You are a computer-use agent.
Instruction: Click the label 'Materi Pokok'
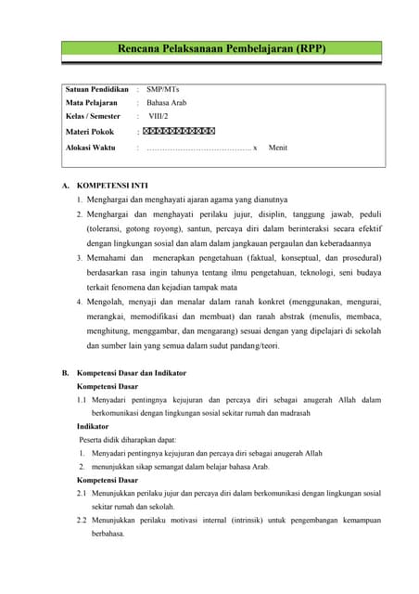coord(90,132)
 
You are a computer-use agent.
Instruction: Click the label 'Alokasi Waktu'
coord(91,148)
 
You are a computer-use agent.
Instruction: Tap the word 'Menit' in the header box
coord(277,148)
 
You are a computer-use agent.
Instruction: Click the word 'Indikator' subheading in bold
coord(95,426)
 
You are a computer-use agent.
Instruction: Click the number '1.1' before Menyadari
coord(83,400)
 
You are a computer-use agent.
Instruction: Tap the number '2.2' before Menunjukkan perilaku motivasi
coord(83,520)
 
